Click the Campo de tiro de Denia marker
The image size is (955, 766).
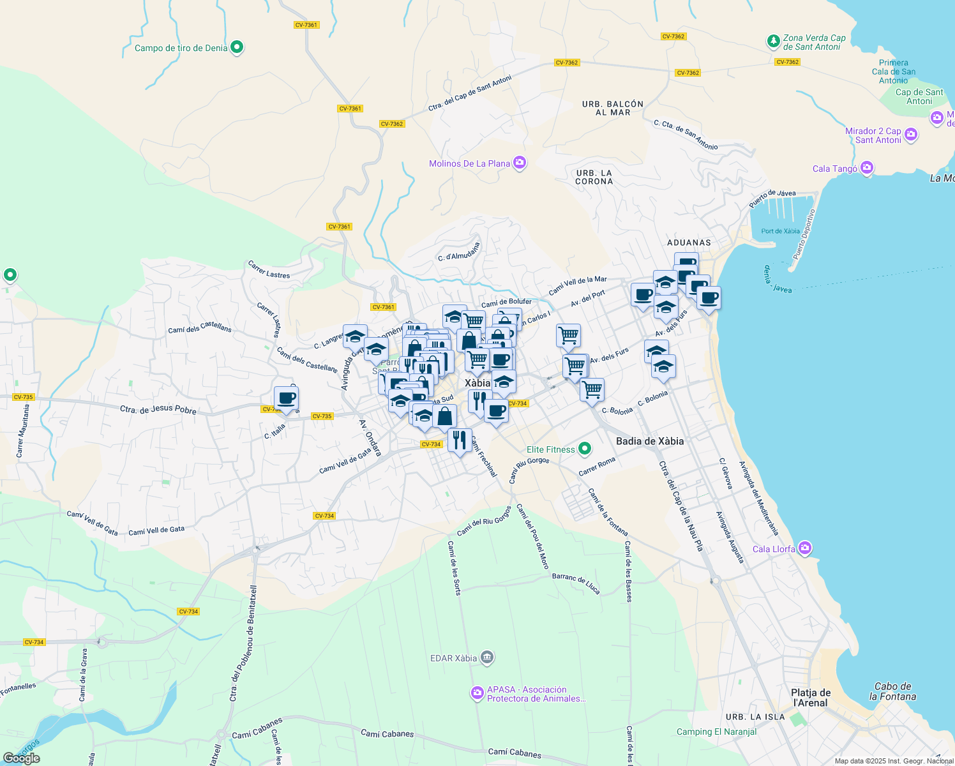click(237, 47)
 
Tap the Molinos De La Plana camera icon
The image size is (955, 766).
click(520, 163)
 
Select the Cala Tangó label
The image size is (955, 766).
click(835, 169)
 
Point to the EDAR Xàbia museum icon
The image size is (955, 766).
click(487, 657)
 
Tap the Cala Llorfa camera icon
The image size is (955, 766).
click(805, 548)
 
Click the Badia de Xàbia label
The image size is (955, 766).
click(649, 441)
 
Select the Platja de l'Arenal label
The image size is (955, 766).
click(811, 698)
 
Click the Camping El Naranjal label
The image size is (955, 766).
click(716, 732)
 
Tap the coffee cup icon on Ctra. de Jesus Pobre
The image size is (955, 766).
click(287, 398)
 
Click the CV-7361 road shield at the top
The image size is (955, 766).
click(306, 25)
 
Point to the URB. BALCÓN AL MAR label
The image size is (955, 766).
click(613, 108)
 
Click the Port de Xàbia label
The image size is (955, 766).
click(780, 231)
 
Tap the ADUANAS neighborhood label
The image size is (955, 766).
click(689, 243)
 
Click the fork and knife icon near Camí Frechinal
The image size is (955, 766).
click(459, 439)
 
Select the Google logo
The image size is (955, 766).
click(21, 758)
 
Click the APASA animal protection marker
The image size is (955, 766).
click(477, 693)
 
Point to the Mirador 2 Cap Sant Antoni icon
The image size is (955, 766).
click(911, 135)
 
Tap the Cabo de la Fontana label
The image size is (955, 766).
click(892, 691)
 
